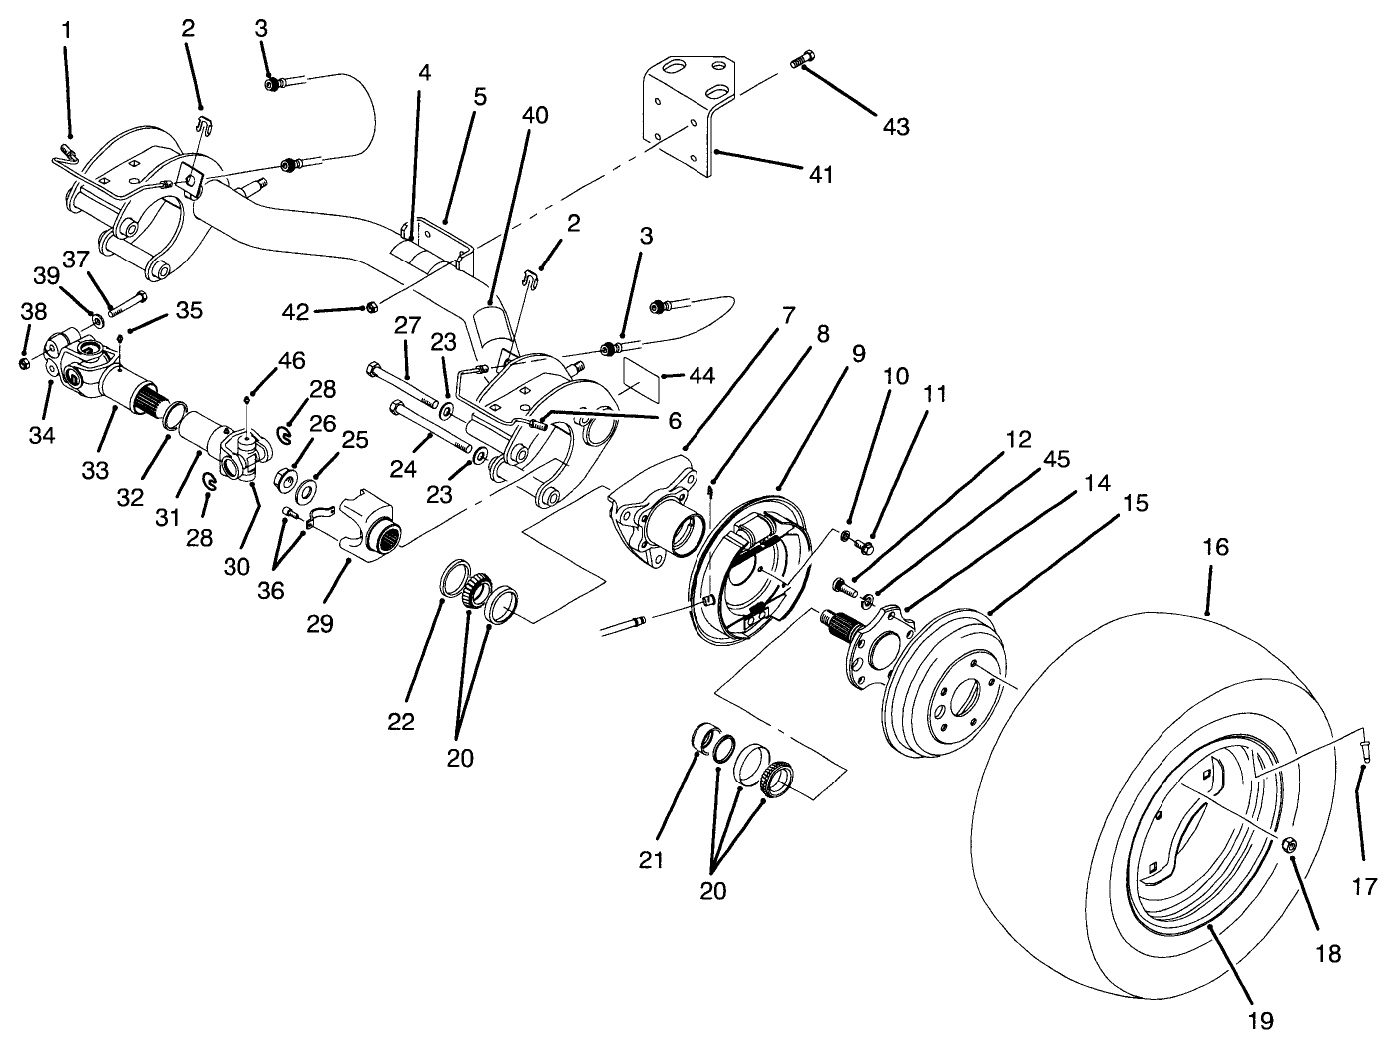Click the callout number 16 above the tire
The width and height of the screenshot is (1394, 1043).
[1215, 548]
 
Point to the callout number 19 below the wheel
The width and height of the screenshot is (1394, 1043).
[1259, 1020]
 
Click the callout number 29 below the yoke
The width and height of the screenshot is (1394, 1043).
[320, 624]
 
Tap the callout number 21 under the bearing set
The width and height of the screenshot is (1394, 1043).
[651, 860]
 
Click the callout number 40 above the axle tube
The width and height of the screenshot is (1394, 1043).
[535, 115]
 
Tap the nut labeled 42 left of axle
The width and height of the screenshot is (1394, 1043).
[371, 306]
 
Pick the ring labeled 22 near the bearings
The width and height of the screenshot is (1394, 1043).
[454, 579]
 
